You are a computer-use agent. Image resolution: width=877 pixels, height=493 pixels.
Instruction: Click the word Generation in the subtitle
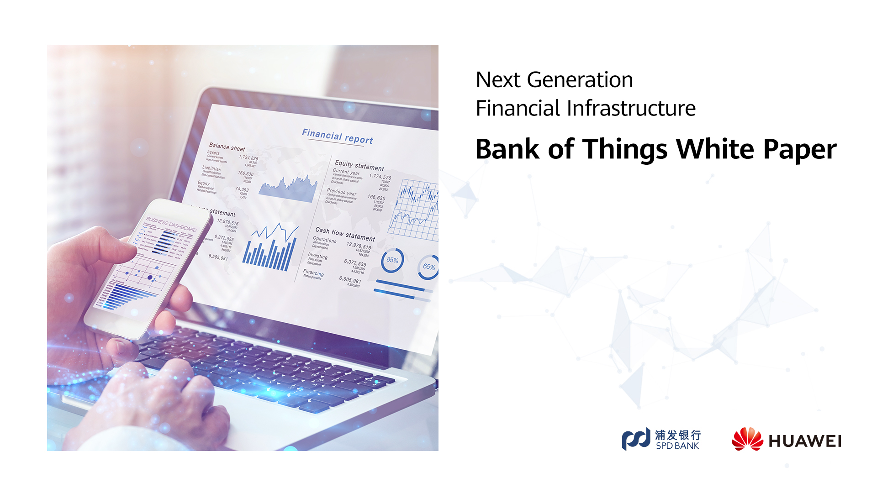[580, 80]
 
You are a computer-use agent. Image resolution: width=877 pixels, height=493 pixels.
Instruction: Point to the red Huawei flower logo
[747, 439]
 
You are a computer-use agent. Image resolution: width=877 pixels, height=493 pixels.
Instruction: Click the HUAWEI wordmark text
[805, 441]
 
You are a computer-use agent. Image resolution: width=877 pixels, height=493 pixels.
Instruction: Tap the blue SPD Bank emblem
[636, 439]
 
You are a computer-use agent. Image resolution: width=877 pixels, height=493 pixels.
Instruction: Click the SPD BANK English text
[677, 446]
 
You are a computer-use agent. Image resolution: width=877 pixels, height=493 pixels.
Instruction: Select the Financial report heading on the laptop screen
[337, 136]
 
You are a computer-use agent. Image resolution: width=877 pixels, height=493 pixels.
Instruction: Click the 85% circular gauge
[392, 260]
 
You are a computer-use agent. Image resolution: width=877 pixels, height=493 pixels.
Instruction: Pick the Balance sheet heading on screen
[227, 147]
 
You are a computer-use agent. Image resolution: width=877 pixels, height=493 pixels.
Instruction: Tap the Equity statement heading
[359, 165]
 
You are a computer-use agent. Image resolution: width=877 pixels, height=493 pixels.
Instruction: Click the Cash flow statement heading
[345, 234]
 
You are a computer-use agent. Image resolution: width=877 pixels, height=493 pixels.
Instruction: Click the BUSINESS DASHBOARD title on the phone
[171, 224]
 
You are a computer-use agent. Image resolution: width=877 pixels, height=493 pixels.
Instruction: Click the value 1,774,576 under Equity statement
[380, 177]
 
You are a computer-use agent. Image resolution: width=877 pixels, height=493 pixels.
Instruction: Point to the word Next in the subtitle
[498, 80]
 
